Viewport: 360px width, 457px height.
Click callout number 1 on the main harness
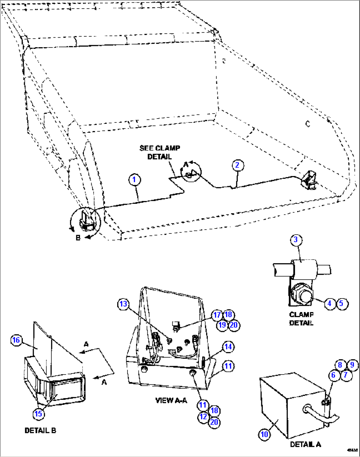click(134, 180)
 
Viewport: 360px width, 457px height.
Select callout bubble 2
click(237, 165)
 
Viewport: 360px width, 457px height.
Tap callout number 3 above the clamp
click(296, 240)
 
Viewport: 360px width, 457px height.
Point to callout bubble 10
click(264, 434)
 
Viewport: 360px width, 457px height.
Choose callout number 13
click(123, 304)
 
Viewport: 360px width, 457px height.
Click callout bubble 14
click(228, 347)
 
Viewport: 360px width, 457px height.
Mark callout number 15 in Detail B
click(39, 414)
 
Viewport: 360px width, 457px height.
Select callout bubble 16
click(16, 340)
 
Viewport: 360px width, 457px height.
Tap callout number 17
click(217, 315)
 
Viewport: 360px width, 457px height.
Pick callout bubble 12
click(203, 417)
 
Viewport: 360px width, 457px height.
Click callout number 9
click(352, 365)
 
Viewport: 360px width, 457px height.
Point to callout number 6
click(333, 375)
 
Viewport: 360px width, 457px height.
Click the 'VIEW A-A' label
click(171, 400)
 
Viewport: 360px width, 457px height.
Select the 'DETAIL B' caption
click(40, 431)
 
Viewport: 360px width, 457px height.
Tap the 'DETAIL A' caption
click(305, 444)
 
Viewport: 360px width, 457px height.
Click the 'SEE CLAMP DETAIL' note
click(160, 152)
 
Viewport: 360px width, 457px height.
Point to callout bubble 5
click(342, 303)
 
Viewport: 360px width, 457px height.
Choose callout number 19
click(222, 325)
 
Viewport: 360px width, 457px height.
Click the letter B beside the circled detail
click(78, 237)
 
